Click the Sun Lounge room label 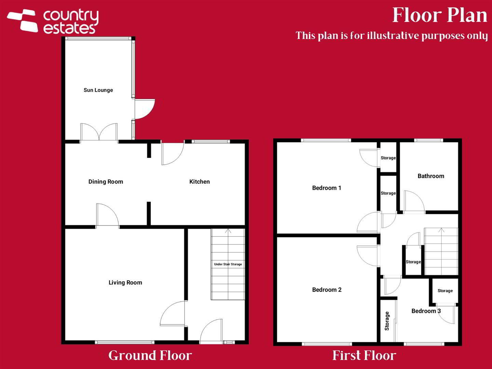[x=98, y=90]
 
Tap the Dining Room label [x=106, y=181]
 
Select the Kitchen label [x=200, y=181]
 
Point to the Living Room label [x=125, y=283]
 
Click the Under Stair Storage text [x=228, y=264]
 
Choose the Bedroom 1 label [x=327, y=188]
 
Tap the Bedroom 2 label [x=327, y=290]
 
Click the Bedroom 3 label [x=426, y=311]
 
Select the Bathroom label [x=431, y=176]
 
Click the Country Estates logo [x=53, y=21]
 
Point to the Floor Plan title [x=440, y=15]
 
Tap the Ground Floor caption [x=150, y=356]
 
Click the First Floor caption [x=364, y=356]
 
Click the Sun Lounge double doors [x=99, y=132]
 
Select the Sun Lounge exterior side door [x=145, y=109]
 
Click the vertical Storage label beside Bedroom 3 [x=387, y=321]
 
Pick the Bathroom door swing [x=414, y=202]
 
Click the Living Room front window [x=125, y=342]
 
